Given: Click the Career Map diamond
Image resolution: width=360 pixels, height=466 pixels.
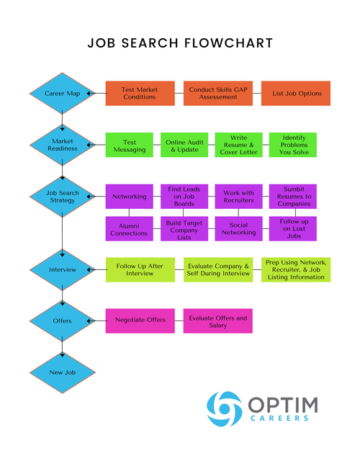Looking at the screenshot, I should point(62,93).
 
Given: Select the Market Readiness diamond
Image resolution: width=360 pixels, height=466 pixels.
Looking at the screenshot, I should point(62,145).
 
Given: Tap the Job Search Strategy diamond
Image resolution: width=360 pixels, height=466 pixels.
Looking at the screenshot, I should point(62,196).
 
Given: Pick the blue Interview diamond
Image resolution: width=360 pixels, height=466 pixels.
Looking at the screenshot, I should point(62,269).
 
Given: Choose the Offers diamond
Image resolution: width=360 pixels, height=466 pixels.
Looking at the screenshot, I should point(62,321).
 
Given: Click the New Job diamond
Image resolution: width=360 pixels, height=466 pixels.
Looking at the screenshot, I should point(62,372).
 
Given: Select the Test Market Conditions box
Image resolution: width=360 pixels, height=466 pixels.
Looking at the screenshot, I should point(140,94).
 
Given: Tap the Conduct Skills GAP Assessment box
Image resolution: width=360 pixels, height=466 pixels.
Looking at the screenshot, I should point(217,94).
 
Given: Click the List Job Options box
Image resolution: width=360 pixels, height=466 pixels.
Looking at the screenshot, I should point(296,94).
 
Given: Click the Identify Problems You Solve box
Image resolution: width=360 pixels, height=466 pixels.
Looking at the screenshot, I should point(294,145).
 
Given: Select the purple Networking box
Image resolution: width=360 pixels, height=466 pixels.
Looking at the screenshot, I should point(130,197).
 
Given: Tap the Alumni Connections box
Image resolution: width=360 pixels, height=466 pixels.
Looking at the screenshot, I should point(130,228).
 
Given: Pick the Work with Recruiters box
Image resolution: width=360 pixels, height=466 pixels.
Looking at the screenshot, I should point(239,197).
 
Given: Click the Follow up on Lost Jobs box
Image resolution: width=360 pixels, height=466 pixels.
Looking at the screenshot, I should point(294,228).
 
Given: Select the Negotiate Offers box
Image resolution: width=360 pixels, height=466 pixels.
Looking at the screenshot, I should point(140,321).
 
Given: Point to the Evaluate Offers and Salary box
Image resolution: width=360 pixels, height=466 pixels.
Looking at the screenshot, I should point(217,321).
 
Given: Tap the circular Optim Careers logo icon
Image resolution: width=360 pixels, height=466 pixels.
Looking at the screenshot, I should point(224,408).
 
